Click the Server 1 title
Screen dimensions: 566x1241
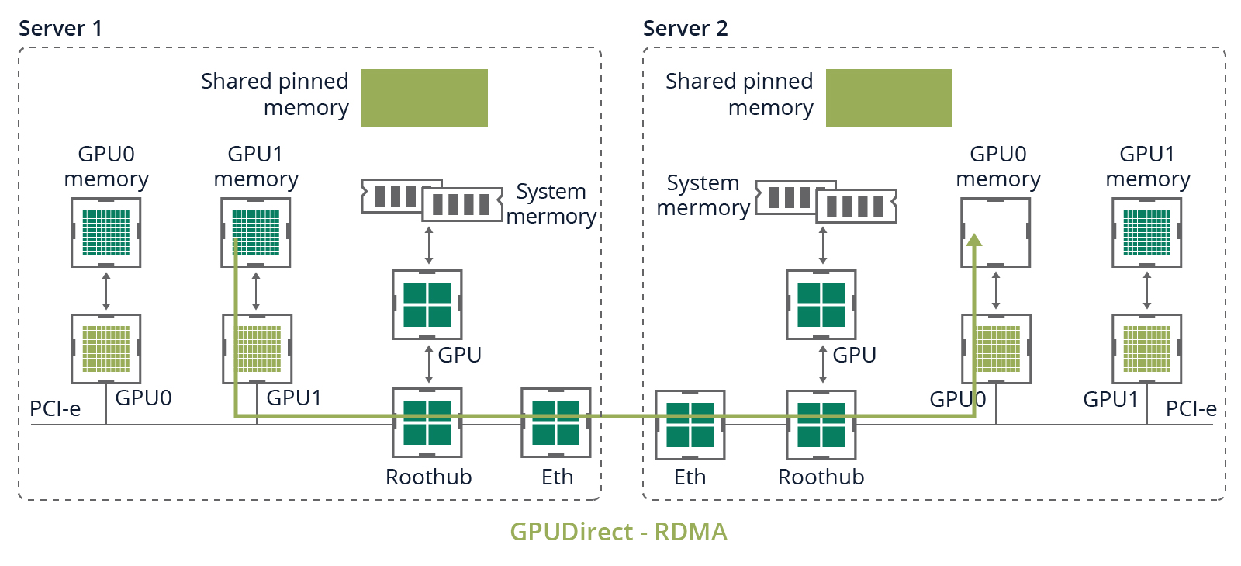click(x=60, y=29)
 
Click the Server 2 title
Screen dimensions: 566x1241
click(x=686, y=29)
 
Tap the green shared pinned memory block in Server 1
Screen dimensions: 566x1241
click(x=424, y=98)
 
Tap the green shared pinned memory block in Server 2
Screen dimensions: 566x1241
click(x=889, y=98)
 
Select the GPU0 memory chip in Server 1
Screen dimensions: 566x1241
click(x=106, y=232)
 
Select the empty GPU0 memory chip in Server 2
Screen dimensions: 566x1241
click(x=996, y=232)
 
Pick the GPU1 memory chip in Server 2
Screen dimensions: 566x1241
click(x=1147, y=232)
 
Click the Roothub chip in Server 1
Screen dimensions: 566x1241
click(x=427, y=423)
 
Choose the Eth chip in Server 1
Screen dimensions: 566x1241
click(x=556, y=423)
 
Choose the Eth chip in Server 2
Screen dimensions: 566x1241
click(x=690, y=425)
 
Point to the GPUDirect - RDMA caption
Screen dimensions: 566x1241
click(x=618, y=532)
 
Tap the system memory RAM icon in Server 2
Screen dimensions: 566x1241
click(x=826, y=201)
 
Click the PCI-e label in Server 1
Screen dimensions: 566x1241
click(x=55, y=408)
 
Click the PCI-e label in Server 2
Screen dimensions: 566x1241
click(x=1191, y=408)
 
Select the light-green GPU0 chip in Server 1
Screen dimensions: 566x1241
click(x=106, y=349)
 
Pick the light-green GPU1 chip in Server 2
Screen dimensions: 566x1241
click(x=1147, y=349)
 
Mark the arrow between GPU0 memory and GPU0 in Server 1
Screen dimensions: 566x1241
click(x=106, y=290)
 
